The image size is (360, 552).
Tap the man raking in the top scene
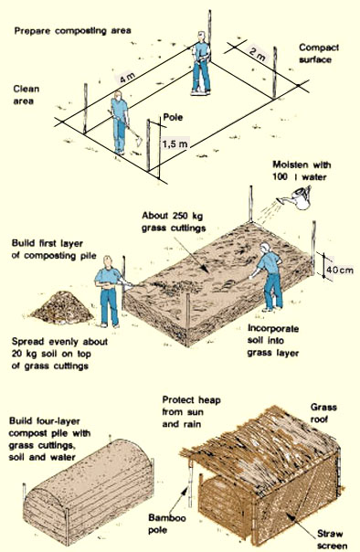tap(121, 122)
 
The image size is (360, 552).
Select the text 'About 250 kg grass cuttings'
tap(178, 222)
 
